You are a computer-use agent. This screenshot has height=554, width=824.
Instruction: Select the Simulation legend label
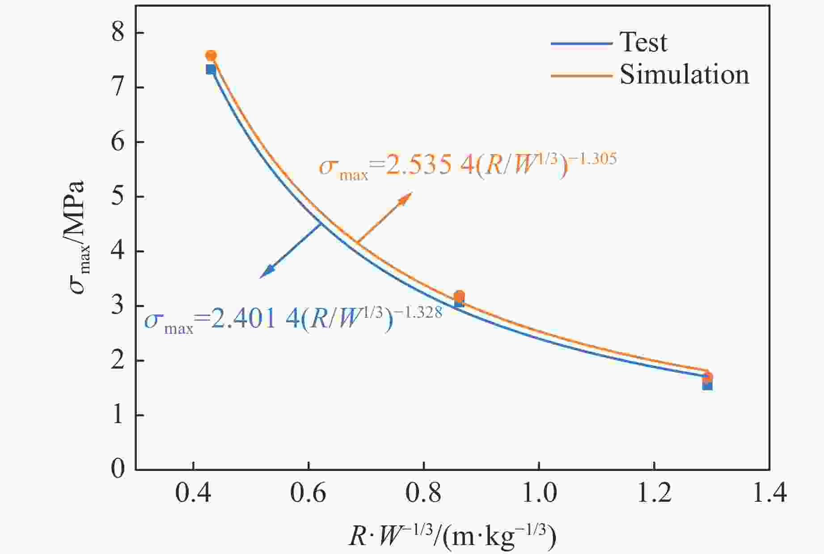click(684, 75)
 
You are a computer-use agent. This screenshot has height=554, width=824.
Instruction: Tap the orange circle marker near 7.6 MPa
click(211, 56)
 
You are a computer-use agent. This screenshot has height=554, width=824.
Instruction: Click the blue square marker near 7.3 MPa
click(211, 70)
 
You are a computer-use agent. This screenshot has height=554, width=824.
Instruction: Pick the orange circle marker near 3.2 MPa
click(459, 296)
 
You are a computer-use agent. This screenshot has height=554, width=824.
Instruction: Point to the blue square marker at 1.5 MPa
click(707, 385)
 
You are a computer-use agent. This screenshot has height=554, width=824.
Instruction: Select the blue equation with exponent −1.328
click(293, 320)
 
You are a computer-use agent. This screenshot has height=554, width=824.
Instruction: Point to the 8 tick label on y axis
click(118, 33)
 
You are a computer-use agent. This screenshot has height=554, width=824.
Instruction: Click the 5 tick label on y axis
click(118, 197)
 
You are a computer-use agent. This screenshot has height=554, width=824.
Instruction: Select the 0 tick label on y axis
click(118, 470)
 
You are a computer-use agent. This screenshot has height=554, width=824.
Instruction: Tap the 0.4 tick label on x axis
click(193, 494)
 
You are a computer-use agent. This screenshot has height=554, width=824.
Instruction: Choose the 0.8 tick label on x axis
click(423, 494)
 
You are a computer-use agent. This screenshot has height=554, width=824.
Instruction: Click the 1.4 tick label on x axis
click(769, 494)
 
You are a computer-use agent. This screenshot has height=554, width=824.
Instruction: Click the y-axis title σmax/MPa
click(78, 237)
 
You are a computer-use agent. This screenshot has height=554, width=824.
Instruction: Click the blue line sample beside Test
click(581, 43)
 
